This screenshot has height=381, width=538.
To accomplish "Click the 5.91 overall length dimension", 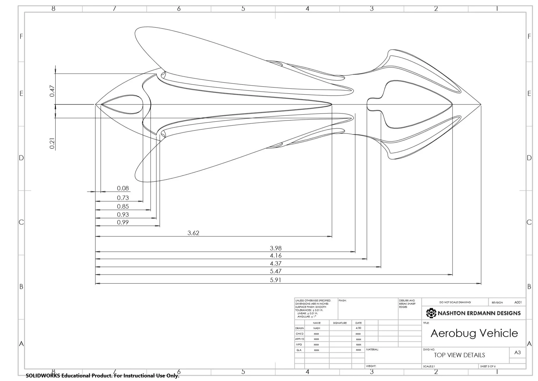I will pos(275,280).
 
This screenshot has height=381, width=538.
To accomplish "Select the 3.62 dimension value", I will pos(193,233).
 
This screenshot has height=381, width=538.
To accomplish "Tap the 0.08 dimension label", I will pos(123,188).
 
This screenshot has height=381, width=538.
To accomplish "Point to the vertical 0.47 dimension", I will pos(52,91).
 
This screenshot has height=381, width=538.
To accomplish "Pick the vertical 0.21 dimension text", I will pos(52,143).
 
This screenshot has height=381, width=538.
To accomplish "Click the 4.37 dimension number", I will pos(275,263).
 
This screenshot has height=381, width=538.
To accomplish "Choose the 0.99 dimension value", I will pos(123,222).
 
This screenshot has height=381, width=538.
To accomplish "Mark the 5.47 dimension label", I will pos(275,271).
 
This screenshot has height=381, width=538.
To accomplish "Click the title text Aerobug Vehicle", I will pos(474,333).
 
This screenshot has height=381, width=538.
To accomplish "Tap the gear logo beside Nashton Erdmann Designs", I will pos(431,313).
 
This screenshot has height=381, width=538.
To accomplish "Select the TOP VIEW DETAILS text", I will pos(459,355).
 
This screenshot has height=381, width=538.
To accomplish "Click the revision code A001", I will pos(518,302).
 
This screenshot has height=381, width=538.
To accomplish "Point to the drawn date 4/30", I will pos(358,328).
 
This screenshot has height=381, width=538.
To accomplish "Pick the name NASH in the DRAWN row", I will pos(316,328).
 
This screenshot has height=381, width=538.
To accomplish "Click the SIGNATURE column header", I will pos(340,323).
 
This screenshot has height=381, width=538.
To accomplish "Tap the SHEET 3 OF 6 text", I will pos(488,366).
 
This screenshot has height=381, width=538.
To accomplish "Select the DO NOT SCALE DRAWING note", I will pos(455,302).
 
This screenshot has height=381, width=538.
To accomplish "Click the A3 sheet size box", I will pos(517,352).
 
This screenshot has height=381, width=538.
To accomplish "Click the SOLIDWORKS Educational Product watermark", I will pos(102,376).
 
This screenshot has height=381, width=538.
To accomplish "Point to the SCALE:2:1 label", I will pos(429,366).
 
